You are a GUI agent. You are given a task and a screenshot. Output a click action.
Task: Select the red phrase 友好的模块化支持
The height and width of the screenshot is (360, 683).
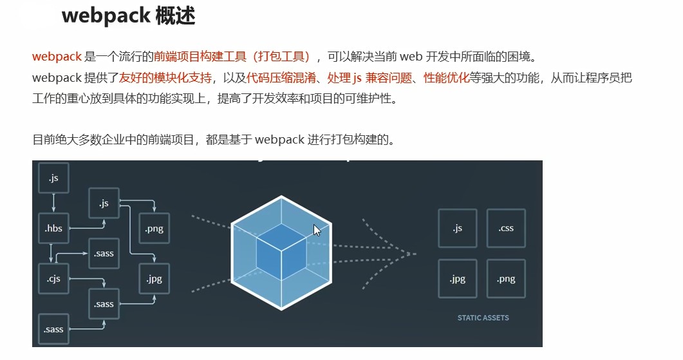click(165, 79)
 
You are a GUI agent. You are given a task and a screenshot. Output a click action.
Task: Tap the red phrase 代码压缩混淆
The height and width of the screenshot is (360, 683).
click(283, 79)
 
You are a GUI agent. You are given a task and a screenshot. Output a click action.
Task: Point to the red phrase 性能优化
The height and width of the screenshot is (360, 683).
click(446, 79)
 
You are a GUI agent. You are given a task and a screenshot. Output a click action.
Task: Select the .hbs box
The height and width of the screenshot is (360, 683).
click(53, 228)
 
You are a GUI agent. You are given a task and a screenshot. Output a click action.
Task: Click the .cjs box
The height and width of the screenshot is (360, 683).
click(53, 278)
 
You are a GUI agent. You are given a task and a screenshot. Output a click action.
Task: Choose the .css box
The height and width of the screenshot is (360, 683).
click(506, 228)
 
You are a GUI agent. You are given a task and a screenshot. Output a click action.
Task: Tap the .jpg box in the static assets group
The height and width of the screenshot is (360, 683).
click(457, 278)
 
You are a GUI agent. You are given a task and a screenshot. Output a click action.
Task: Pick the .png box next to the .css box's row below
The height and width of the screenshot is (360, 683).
click(506, 278)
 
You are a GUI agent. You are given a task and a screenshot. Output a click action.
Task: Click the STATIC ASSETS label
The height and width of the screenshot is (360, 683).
click(483, 317)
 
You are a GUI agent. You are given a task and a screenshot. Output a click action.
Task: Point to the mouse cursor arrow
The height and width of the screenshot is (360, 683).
click(316, 230)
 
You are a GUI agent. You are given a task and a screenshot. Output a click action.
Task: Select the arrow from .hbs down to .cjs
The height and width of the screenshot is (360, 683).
click(51, 252)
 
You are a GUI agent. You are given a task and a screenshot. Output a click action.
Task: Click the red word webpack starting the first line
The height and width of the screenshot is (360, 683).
click(57, 57)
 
